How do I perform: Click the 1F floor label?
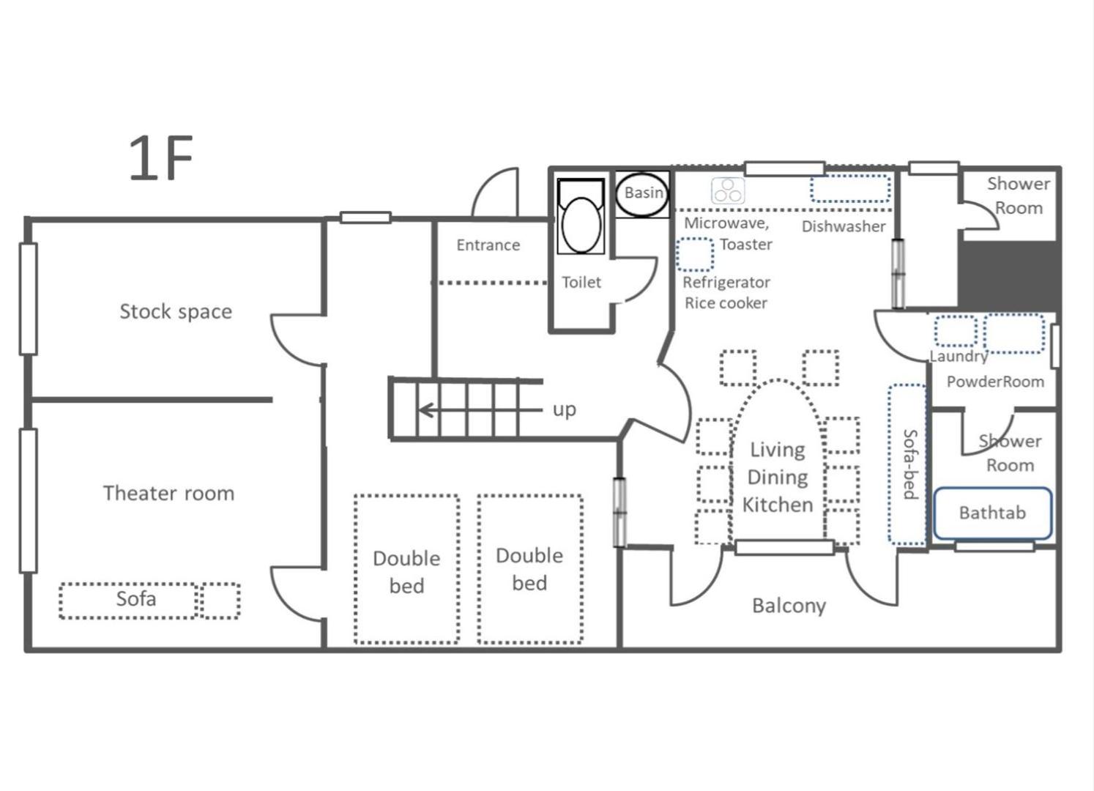point(160,157)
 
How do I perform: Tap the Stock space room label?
point(176,312)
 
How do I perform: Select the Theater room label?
point(169,494)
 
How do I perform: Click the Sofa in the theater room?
point(128,601)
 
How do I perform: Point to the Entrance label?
point(488,245)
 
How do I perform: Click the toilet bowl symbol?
point(581,217)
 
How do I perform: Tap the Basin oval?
point(643,194)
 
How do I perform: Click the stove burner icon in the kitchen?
point(728,190)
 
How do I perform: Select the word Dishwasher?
point(844,226)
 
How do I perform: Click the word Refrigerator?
point(726,283)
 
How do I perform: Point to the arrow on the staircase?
point(480,410)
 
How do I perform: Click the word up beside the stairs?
point(565,410)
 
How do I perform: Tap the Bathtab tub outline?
point(992,513)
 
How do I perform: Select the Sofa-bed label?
point(910,464)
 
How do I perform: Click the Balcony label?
point(789,606)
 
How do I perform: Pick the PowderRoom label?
point(995,382)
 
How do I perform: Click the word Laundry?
point(959,356)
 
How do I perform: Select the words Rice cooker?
point(726,303)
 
